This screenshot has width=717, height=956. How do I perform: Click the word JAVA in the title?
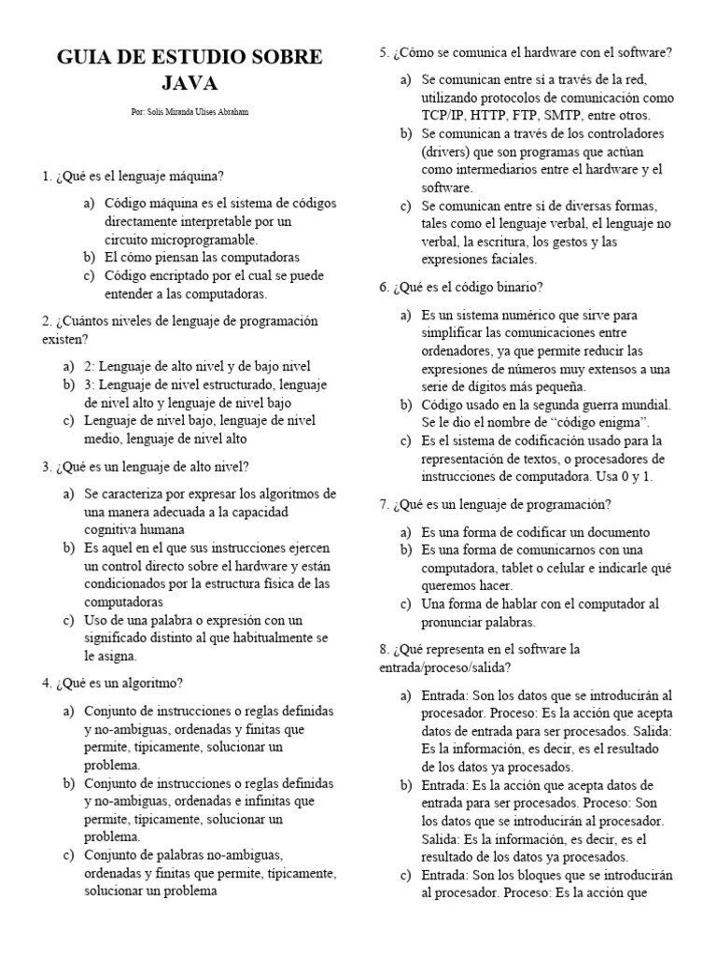[x=190, y=84]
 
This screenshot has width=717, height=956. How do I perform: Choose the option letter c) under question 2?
[x=69, y=420]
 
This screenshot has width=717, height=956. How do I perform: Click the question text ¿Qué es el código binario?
[x=468, y=287]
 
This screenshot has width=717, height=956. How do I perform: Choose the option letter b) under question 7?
[x=406, y=549]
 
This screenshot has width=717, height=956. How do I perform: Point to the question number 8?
[x=384, y=649]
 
